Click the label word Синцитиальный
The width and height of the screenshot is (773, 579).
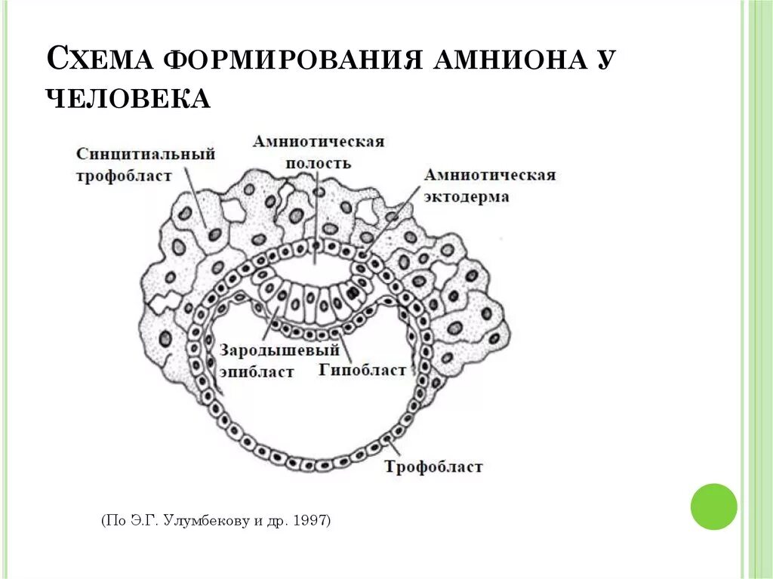pyautogui.click(x=146, y=154)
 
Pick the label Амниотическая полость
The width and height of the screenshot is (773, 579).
pyautogui.click(x=319, y=152)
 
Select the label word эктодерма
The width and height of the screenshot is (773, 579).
pyautogui.click(x=466, y=197)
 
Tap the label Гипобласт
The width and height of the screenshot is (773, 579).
pyautogui.click(x=362, y=370)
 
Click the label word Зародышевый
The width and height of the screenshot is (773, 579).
pyautogui.click(x=279, y=351)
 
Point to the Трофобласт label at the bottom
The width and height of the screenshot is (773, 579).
pyautogui.click(x=433, y=467)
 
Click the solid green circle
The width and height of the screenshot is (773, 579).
pyautogui.click(x=713, y=507)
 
